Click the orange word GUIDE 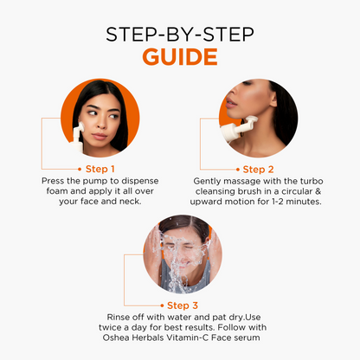click(180, 56)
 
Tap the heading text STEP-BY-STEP click(180, 35)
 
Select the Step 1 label click(100, 169)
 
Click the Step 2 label click(258, 170)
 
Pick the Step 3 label click(183, 305)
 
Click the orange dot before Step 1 click(80, 169)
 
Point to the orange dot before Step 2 click(238, 170)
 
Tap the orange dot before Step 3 click(162, 305)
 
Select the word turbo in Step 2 click(312, 181)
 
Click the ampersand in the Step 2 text click(318, 191)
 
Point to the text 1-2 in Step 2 click(277, 202)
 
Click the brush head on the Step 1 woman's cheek click(81, 126)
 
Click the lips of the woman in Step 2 click(230, 103)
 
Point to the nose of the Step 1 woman click(101, 123)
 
